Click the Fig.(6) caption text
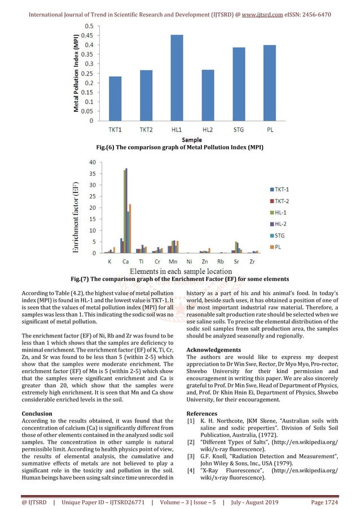tap(179, 147)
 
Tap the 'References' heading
tap(204, 413)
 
